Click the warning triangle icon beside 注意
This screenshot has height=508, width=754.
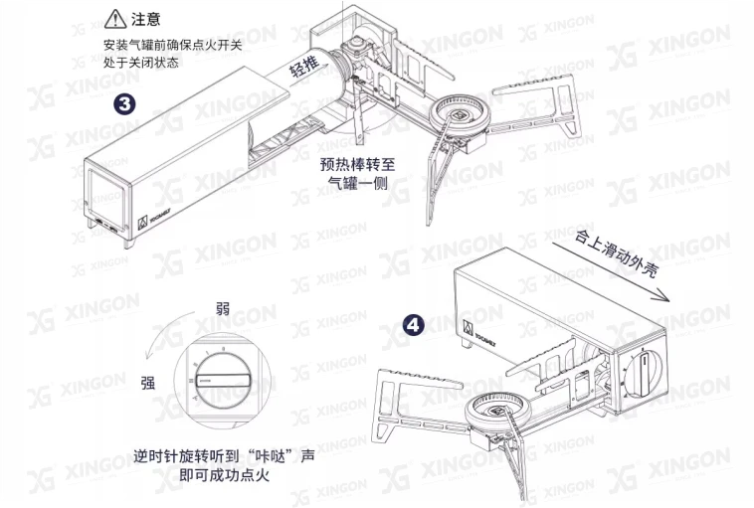pos(115,18)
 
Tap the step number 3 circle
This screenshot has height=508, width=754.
pos(125,103)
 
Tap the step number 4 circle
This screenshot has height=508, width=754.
pos(414,325)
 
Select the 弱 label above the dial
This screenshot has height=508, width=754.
pos(222,309)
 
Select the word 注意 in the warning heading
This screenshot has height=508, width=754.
pos(146,19)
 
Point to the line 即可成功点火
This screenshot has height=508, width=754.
pos(224,475)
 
